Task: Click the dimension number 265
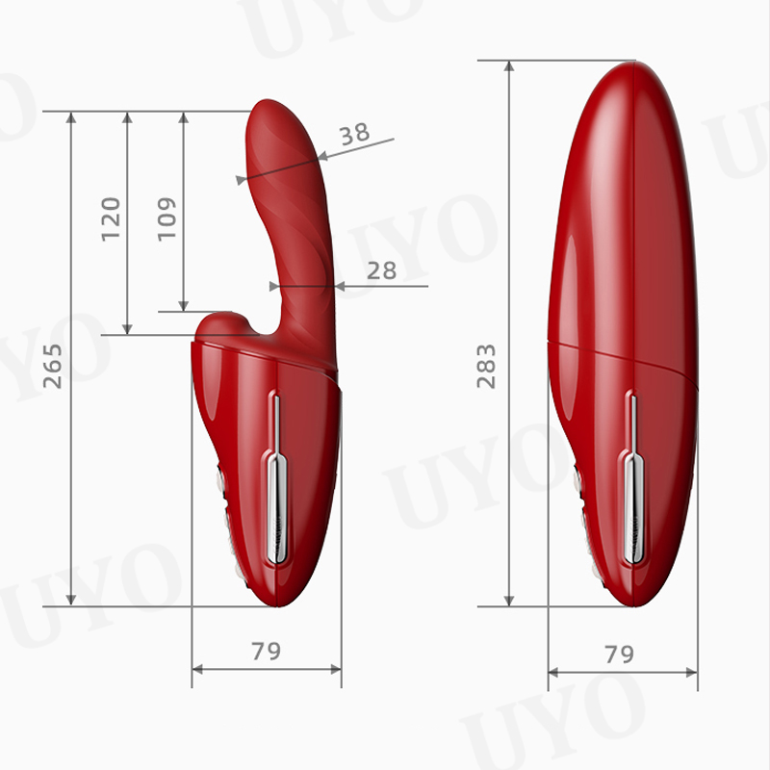tap(53, 366)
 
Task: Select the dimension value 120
tap(111, 219)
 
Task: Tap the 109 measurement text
tap(167, 219)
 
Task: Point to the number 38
tap(354, 133)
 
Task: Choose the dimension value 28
tap(381, 270)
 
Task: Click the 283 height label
tap(486, 367)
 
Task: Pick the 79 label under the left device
tap(267, 652)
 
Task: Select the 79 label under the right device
tap(619, 654)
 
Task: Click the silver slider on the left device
tap(277, 481)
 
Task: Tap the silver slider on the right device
tap(633, 481)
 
